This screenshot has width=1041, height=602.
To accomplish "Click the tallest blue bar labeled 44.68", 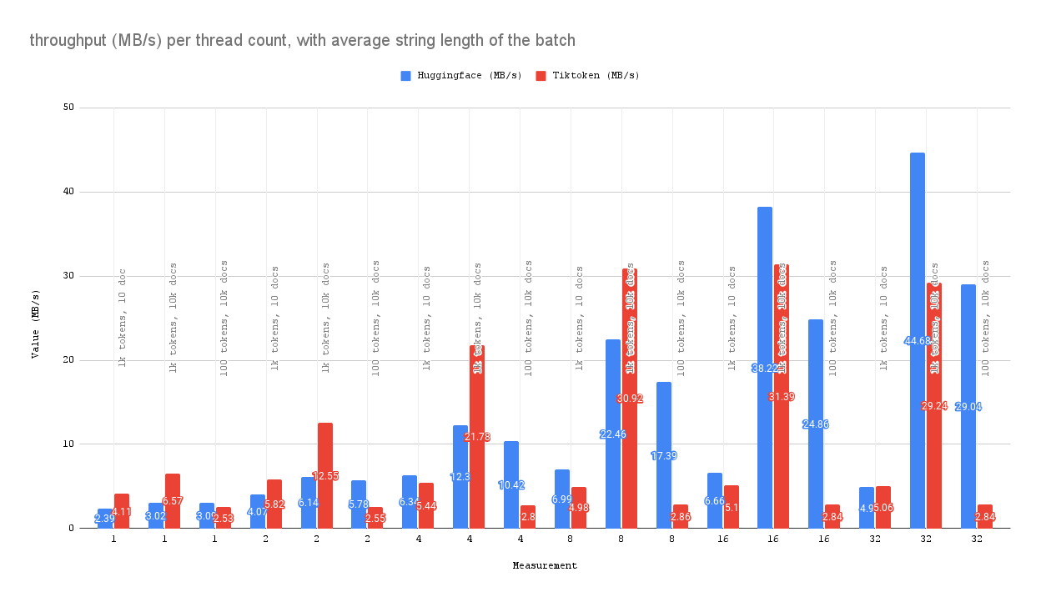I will click(x=917, y=250).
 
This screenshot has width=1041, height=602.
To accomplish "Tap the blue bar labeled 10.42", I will click(x=510, y=500).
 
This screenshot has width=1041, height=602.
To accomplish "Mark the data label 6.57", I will click(x=173, y=501).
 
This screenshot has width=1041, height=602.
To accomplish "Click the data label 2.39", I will click(x=104, y=519).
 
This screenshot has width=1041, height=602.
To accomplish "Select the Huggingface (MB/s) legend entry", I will click(x=461, y=75).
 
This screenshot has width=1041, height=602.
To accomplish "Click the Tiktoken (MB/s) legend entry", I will click(x=587, y=75).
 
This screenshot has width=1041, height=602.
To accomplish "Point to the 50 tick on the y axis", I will click(x=68, y=108).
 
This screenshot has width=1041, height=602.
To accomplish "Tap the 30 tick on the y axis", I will click(x=68, y=276).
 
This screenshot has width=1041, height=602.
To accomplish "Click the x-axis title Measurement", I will click(x=545, y=565).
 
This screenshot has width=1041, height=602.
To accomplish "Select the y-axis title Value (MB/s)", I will click(x=35, y=324).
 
